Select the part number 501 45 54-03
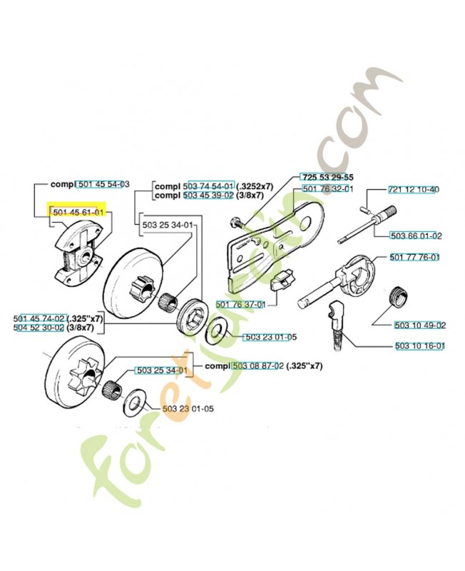pos(103,184)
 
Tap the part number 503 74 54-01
pos(210,185)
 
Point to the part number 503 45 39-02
pos(210,195)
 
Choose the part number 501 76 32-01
pos(328,189)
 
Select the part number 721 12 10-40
pos(414,190)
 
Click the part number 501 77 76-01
pos(414,258)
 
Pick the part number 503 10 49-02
pos(420,325)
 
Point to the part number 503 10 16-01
pos(420,346)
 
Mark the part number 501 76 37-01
pos(240,305)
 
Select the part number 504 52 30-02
pos(39,328)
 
